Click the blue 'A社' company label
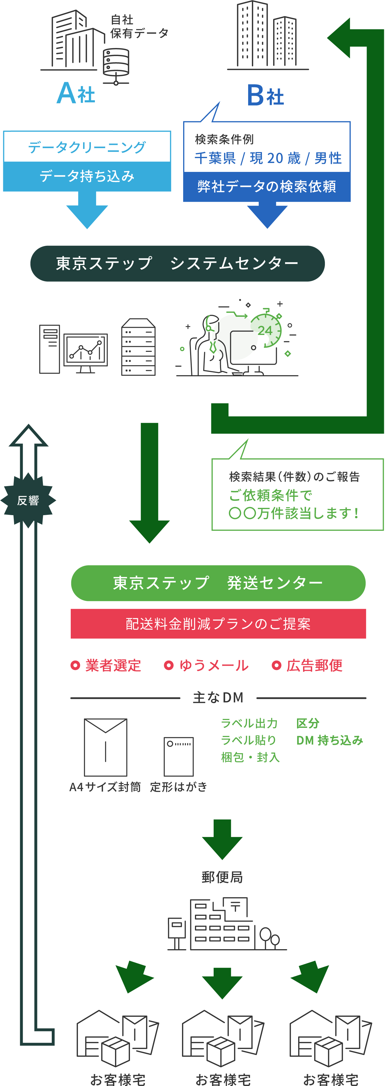(76, 93)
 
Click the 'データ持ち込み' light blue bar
(87, 176)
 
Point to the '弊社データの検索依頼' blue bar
(267, 186)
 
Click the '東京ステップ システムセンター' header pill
(177, 264)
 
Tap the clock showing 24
(266, 330)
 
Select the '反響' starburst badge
(28, 500)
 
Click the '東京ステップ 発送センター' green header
(218, 583)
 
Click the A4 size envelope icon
(106, 747)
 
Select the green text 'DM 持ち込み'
(329, 740)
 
